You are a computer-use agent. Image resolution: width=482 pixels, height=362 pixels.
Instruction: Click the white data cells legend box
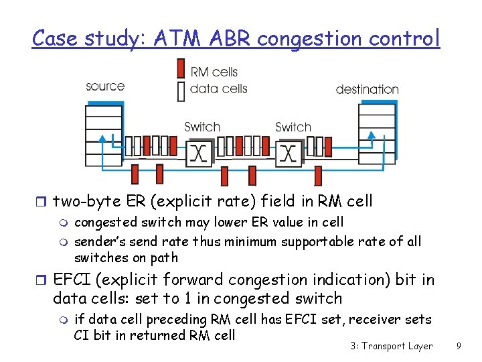tap(180, 90)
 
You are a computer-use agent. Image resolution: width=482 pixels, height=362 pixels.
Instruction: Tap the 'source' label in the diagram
tap(105, 86)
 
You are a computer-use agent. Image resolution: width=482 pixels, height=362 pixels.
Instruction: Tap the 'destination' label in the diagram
tap(367, 89)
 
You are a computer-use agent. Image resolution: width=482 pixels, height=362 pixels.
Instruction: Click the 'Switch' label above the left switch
tap(202, 127)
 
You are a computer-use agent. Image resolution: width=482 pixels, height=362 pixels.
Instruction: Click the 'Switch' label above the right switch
tap(293, 127)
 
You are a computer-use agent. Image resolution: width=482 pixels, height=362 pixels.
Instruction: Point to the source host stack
tap(104, 131)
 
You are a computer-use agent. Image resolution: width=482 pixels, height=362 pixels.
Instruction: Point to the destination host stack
tap(377, 131)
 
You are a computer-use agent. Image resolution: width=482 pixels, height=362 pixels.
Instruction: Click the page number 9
tap(458, 346)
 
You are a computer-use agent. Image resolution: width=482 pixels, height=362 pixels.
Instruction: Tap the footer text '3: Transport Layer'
tap(391, 346)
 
